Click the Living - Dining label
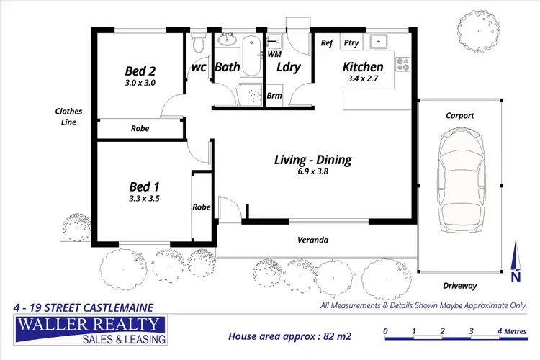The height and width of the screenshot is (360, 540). pyautogui.click(x=312, y=160)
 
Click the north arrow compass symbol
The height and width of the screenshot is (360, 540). pyautogui.click(x=514, y=262)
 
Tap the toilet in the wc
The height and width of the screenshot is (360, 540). pyautogui.click(x=200, y=45)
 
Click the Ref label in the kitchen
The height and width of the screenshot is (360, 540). pyautogui.click(x=327, y=42)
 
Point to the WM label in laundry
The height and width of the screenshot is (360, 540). pyautogui.click(x=274, y=54)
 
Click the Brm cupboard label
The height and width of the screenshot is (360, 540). pyautogui.click(x=274, y=96)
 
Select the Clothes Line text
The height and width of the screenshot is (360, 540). pyautogui.click(x=69, y=117)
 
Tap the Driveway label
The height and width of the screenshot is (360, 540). pyautogui.click(x=461, y=286)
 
